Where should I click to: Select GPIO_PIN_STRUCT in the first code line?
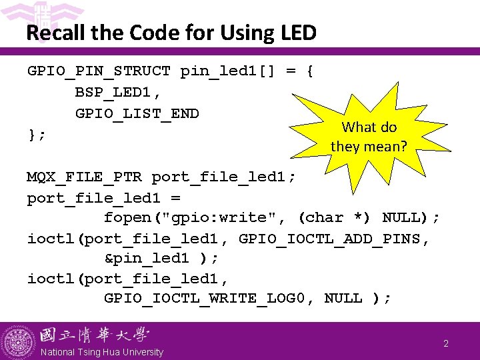tap(99, 71)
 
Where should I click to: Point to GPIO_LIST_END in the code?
tap(137, 113)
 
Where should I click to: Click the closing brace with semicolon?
tap(36, 134)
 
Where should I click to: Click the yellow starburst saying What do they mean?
tap(369, 136)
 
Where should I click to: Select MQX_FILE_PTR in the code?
tap(84, 177)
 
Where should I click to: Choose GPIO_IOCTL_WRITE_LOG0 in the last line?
tap(204, 298)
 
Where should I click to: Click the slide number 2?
tap(446, 343)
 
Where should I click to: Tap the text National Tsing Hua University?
tap(101, 352)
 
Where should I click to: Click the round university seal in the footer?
tap(18, 341)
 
